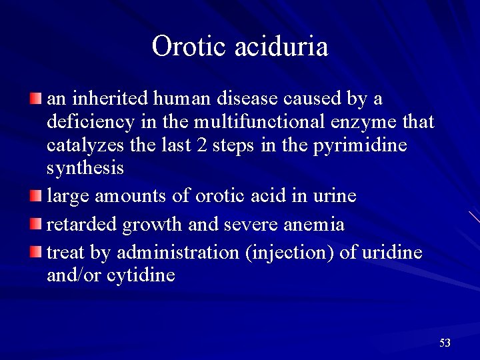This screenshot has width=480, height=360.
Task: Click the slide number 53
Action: click(445, 343)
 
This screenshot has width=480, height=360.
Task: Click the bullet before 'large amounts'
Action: click(35, 197)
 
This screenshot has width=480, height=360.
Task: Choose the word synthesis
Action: click(85, 169)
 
